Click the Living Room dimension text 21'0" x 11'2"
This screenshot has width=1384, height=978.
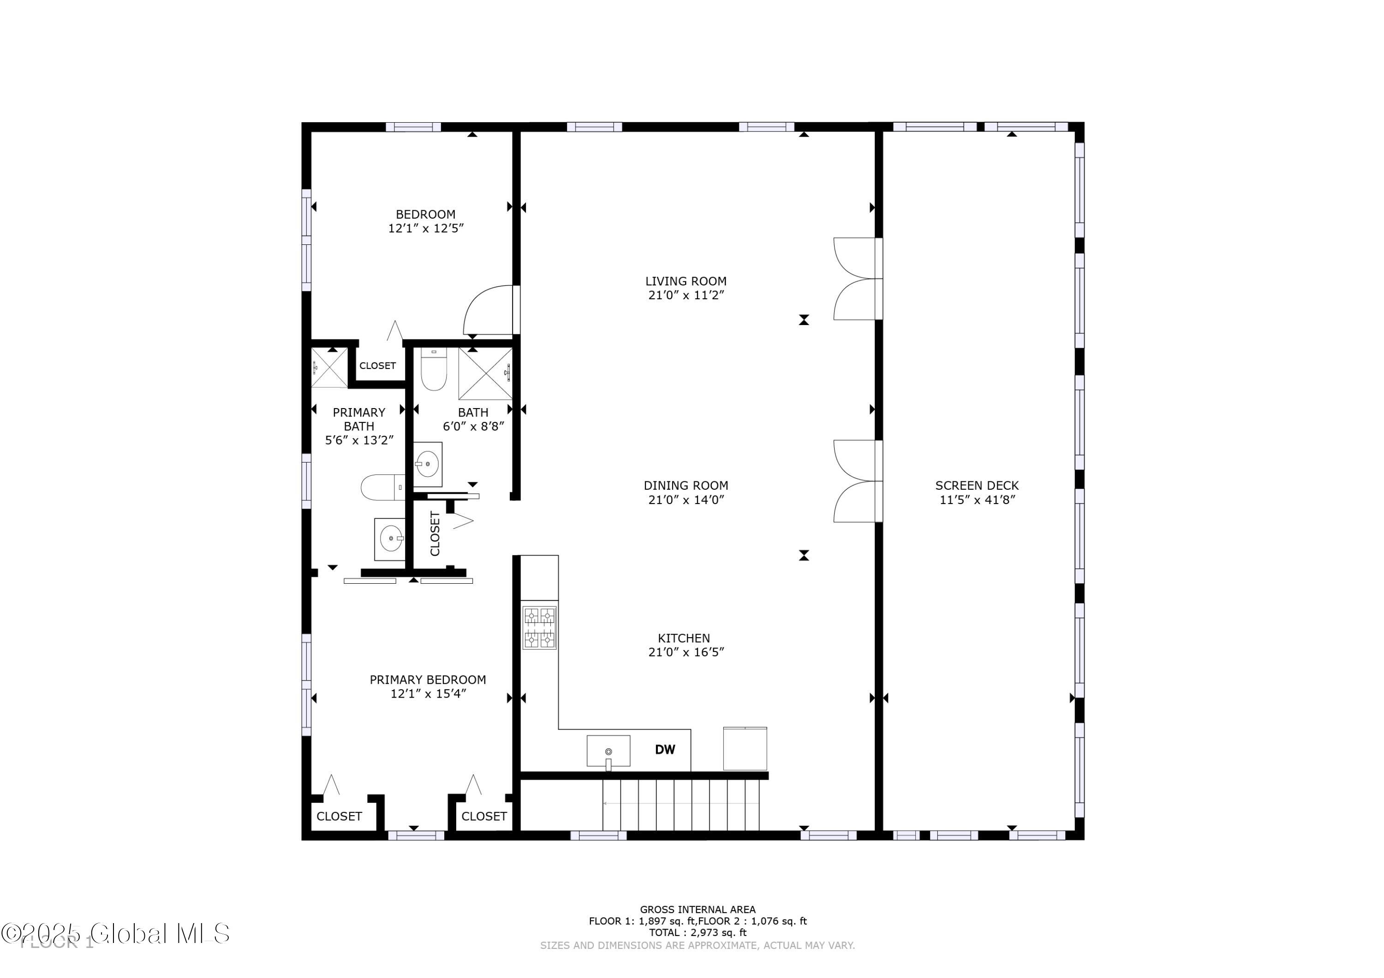pyautogui.click(x=686, y=295)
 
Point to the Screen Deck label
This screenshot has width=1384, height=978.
pyautogui.click(x=977, y=485)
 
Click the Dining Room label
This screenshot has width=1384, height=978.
pyautogui.click(x=686, y=485)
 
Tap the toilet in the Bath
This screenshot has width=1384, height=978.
pyautogui.click(x=433, y=369)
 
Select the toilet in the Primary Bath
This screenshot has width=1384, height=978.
pyautogui.click(x=382, y=487)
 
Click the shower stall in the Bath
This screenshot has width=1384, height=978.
pyautogui.click(x=485, y=373)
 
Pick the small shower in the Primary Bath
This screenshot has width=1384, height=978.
pyautogui.click(x=329, y=367)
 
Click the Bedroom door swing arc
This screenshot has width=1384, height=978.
pyautogui.click(x=487, y=310)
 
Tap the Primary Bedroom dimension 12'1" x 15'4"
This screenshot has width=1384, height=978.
pyautogui.click(x=428, y=693)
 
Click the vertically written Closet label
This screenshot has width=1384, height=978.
pyautogui.click(x=435, y=533)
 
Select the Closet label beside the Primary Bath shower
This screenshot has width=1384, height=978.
pyautogui.click(x=377, y=366)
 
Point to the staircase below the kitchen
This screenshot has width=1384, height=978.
pyautogui.click(x=680, y=805)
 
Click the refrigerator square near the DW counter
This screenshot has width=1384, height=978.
pyautogui.click(x=745, y=748)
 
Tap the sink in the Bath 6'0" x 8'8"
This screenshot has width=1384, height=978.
pyautogui.click(x=427, y=464)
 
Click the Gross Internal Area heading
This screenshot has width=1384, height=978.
pyautogui.click(x=698, y=909)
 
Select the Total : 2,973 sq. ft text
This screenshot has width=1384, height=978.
pyautogui.click(x=698, y=932)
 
